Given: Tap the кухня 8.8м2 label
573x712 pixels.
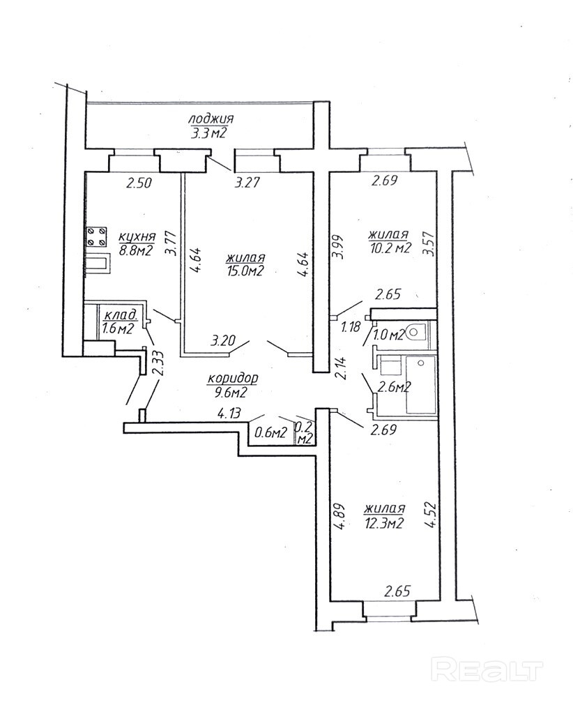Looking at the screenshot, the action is coord(136,243).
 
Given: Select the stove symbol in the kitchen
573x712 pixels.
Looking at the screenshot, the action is coord(97,236).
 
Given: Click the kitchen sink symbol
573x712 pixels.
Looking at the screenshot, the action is coord(97,264).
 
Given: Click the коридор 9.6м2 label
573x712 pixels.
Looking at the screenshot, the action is coord(233,385).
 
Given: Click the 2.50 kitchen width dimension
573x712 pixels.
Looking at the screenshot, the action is coord(139,184).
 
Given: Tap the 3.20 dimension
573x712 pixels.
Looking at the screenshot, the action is coord(224,342).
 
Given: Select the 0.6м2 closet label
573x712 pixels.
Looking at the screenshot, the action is coord(271,432).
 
